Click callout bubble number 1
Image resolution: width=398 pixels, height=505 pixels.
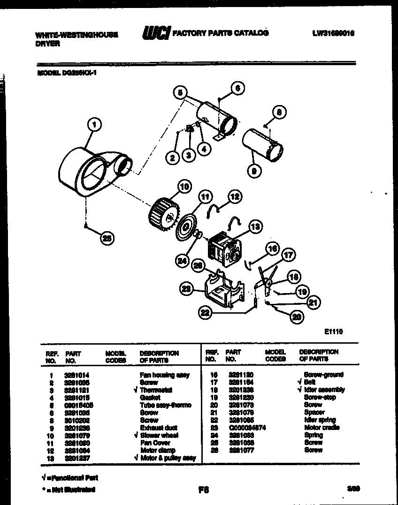(95, 125)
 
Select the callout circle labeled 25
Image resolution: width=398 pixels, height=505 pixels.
(107, 239)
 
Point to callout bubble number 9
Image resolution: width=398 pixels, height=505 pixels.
(253, 172)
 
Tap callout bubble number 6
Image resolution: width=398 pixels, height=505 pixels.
(238, 88)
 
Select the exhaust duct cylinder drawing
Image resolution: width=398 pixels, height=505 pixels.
(262, 143)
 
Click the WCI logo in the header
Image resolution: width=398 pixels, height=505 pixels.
(156, 33)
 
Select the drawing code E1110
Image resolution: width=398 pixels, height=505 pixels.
(333, 332)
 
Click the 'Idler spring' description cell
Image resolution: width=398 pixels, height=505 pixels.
(320, 420)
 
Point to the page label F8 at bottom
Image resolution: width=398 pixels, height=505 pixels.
(203, 490)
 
